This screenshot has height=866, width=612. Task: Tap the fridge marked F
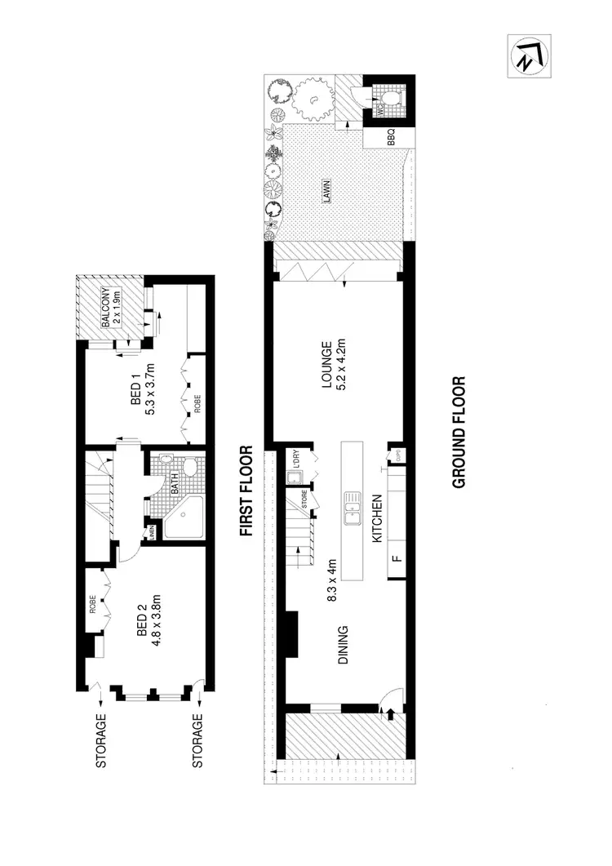pos(396,560)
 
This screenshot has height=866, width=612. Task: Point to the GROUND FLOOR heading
pos(459,432)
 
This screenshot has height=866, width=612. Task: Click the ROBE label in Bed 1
pos(196,404)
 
